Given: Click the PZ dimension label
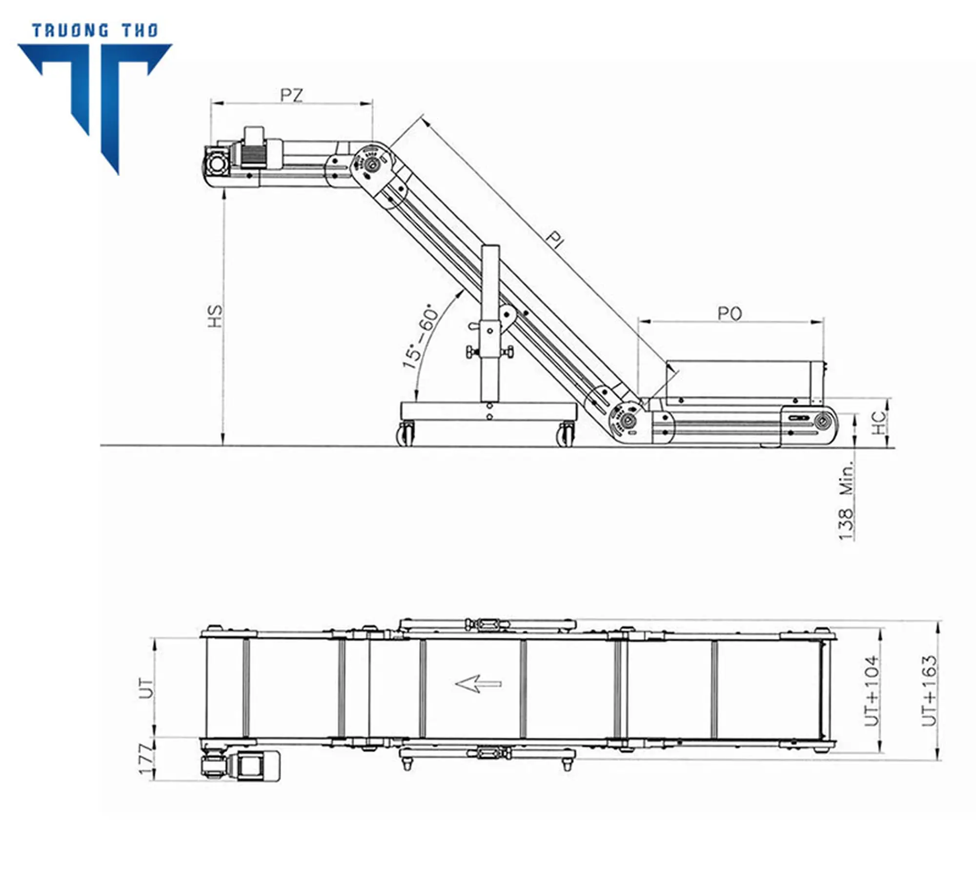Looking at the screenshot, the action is (292, 95).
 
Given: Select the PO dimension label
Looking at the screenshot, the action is (730, 313).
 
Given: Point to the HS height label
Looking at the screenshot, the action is (215, 316).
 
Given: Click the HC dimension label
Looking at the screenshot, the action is (878, 423).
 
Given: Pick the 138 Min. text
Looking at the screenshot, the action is (847, 501).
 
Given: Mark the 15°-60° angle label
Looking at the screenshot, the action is (420, 336).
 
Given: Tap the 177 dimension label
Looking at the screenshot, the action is (146, 759).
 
